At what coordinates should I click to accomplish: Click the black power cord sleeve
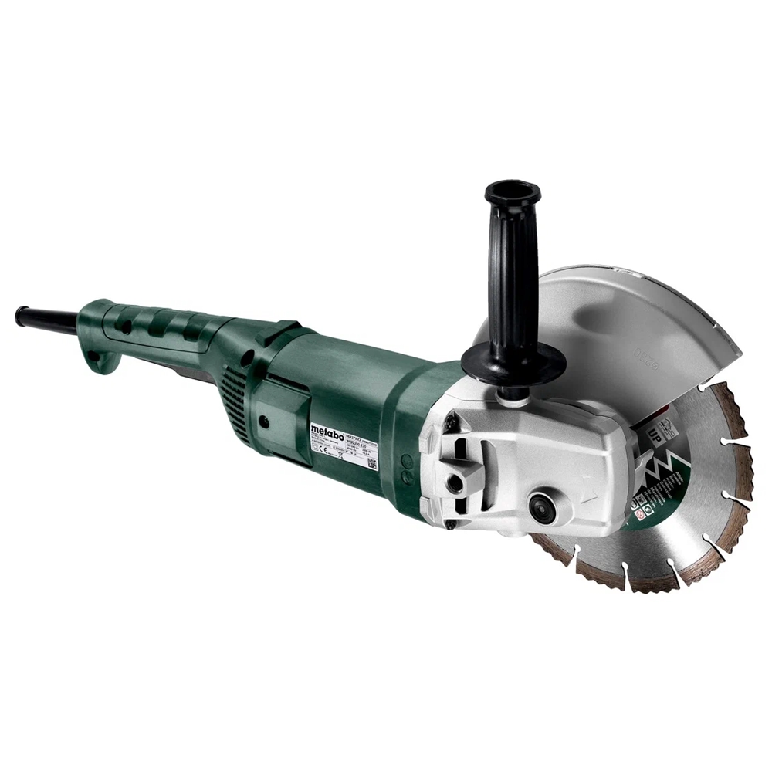click(x=46, y=318)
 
